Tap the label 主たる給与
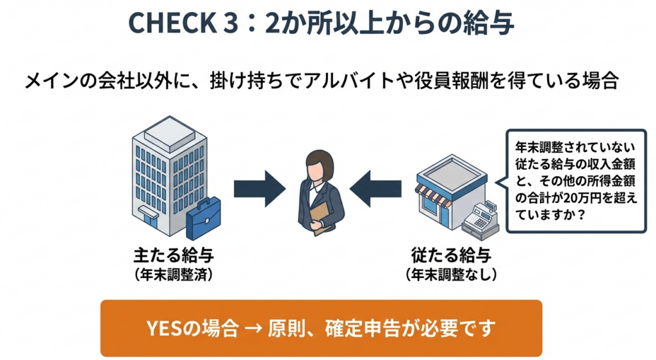pos(173,255)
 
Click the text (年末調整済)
pos(173,274)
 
